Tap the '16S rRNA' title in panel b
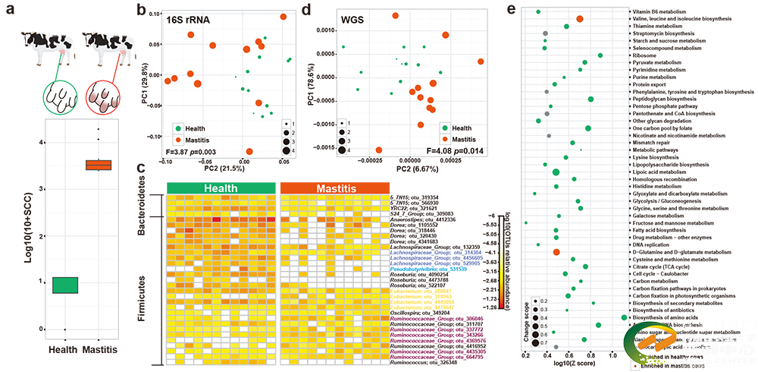tap(186, 20)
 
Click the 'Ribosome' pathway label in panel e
tap(647, 55)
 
